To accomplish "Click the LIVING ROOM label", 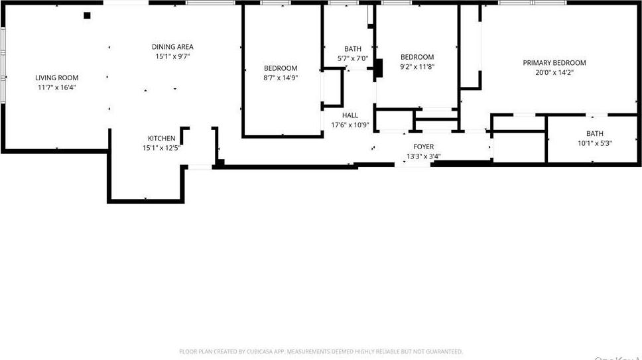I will (56, 78).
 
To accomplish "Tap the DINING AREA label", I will (172, 47).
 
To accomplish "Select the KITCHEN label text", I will (161, 139).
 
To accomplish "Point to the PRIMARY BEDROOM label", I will (554, 63).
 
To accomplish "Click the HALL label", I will (350, 115).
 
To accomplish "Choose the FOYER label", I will (423, 147).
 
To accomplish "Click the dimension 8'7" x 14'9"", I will (281, 78).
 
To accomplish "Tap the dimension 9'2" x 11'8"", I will (417, 66).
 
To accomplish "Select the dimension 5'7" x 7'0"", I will (353, 58).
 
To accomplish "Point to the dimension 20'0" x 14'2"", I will (554, 72).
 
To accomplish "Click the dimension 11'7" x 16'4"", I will (56, 87).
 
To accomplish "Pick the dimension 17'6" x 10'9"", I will (350, 125).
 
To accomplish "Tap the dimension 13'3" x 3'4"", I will (423, 156).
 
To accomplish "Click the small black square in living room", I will (87, 15).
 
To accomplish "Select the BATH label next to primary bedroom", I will (594, 134).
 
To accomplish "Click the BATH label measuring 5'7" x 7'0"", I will (353, 49).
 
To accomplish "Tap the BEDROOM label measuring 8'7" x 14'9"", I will (281, 68).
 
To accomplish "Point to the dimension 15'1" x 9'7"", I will (172, 56).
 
